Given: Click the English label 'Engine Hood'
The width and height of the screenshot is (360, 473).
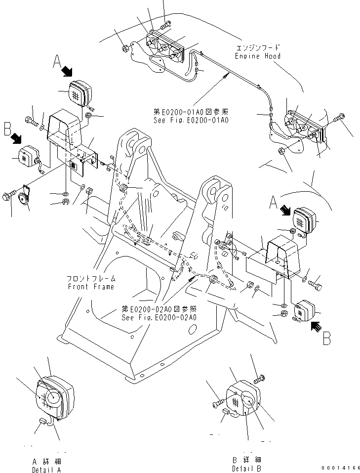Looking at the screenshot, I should click(258, 56).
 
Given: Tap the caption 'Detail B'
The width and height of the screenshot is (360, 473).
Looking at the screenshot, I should click(247, 469).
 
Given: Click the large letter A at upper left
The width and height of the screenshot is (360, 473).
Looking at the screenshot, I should click(57, 62).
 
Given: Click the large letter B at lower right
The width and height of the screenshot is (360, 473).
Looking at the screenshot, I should click(326, 340).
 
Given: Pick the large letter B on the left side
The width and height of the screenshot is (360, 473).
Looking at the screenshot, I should click(7, 130).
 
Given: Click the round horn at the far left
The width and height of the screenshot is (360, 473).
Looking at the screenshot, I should click(23, 199).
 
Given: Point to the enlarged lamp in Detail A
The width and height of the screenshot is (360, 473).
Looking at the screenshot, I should click(54, 395).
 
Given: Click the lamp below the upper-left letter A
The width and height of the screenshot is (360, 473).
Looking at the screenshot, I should click(77, 92).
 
